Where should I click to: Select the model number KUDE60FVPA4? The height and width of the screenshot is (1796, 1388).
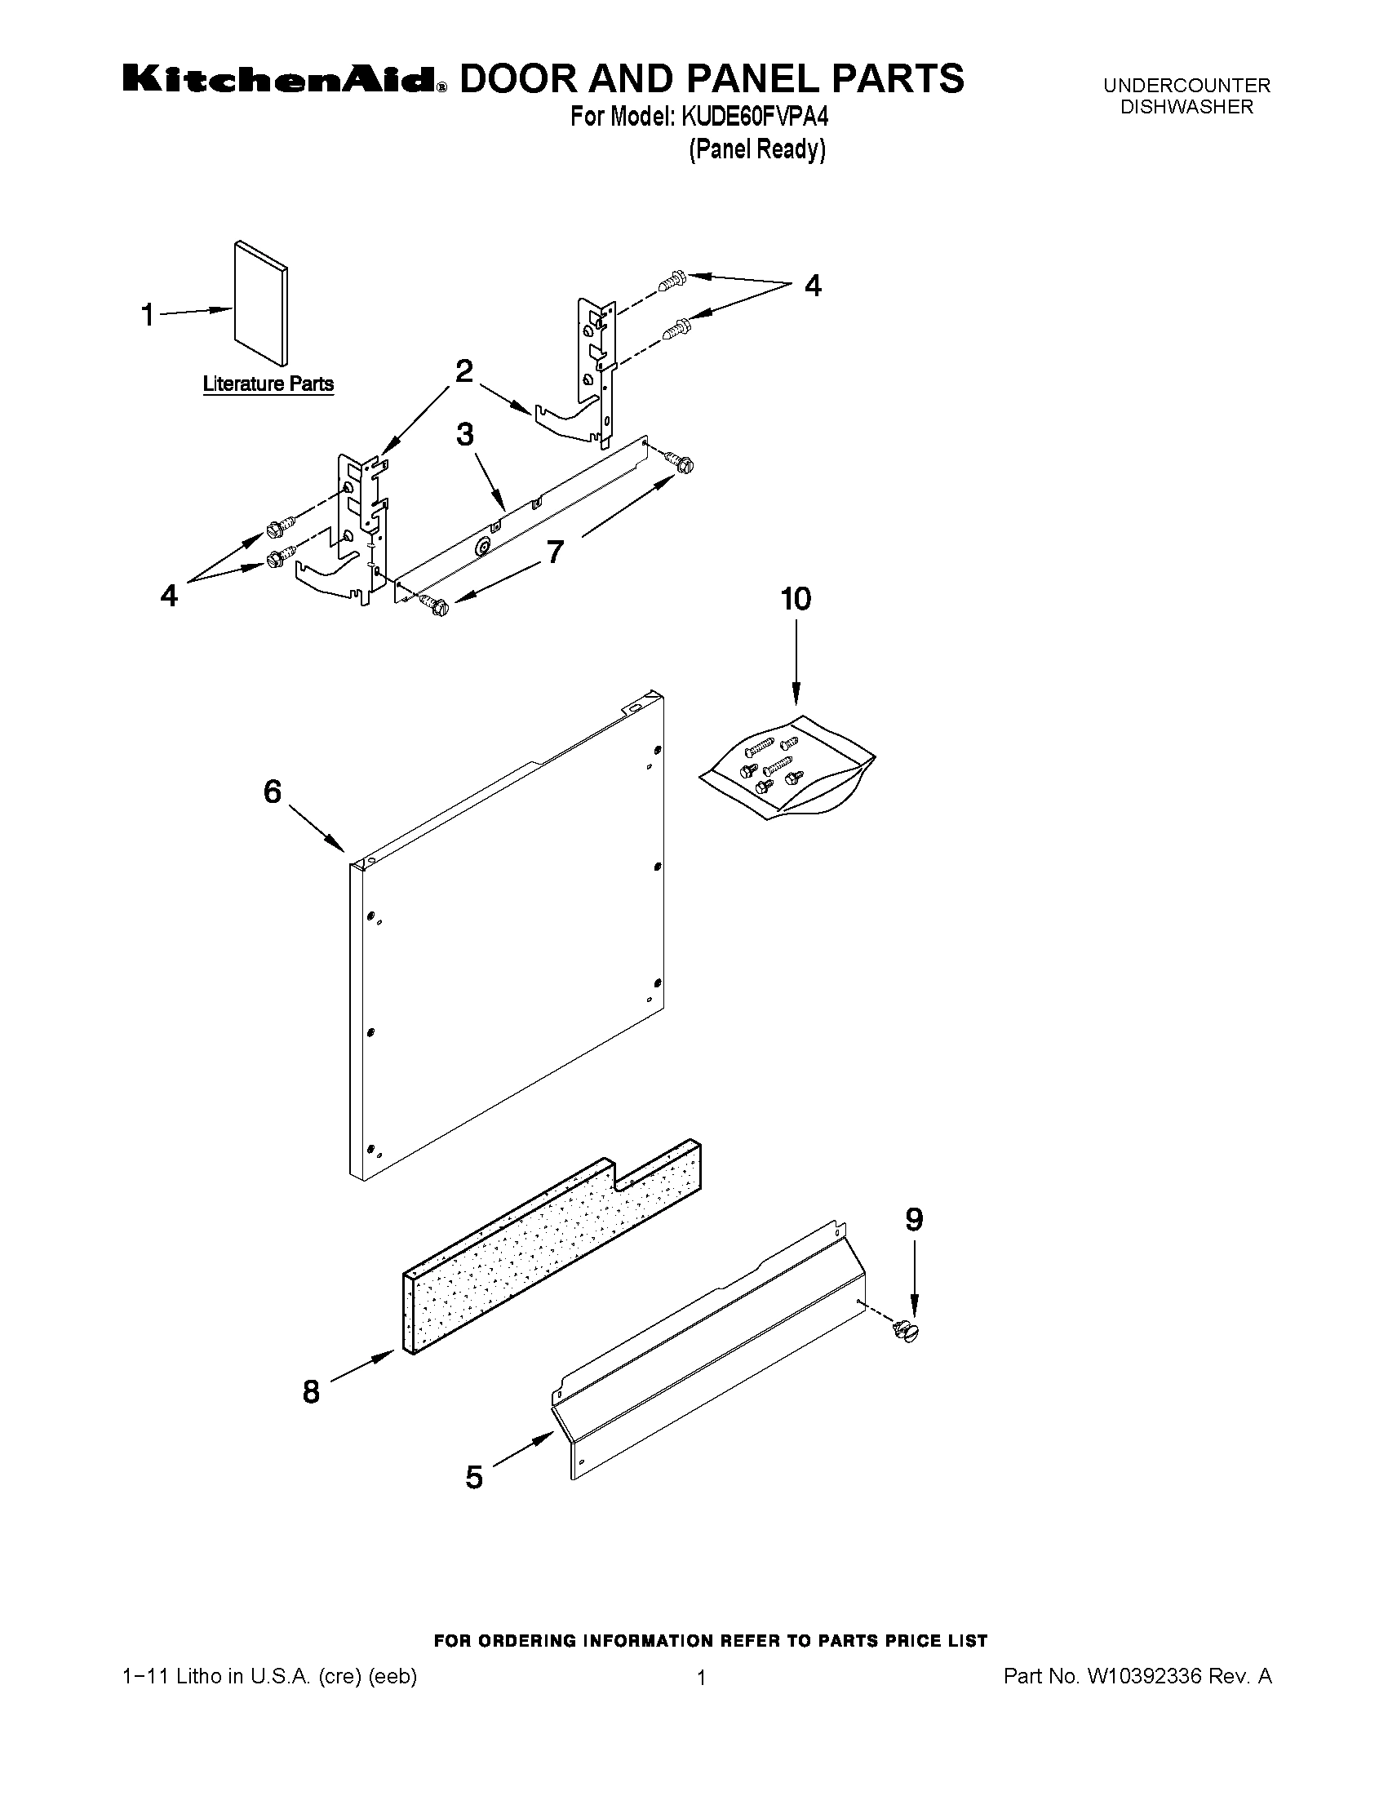click(753, 118)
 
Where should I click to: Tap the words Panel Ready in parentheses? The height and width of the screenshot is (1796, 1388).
click(756, 149)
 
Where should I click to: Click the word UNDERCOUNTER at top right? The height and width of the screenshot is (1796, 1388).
click(1186, 86)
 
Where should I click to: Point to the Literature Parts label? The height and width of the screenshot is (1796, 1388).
click(268, 384)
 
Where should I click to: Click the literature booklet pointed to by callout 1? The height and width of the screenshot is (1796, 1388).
click(260, 303)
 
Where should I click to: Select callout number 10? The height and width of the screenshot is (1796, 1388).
click(795, 599)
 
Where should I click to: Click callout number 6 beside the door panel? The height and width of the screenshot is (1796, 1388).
click(273, 791)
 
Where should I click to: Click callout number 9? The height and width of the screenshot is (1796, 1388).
click(914, 1219)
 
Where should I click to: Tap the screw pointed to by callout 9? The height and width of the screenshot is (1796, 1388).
click(907, 1328)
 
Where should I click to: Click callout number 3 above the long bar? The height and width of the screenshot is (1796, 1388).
click(464, 434)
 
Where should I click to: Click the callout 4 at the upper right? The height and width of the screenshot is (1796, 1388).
click(812, 286)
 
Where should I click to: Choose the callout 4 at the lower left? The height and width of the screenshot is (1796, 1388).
click(169, 595)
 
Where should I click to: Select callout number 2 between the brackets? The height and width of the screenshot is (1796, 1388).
click(463, 371)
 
